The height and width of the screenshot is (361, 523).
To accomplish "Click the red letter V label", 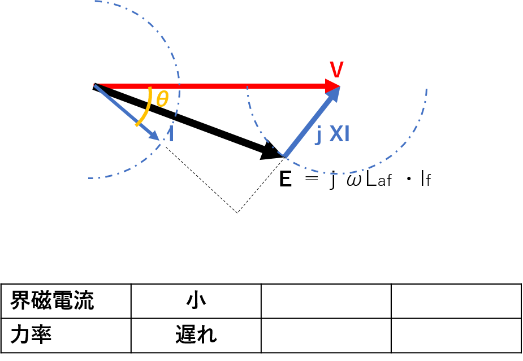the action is click(x=336, y=69).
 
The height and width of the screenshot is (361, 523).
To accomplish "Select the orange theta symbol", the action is click(x=162, y=99).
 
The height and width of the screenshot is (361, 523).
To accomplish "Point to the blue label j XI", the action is click(x=332, y=135).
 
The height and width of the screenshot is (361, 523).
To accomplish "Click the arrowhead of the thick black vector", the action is click(x=272, y=151).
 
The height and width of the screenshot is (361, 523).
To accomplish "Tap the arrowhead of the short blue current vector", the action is click(x=154, y=135).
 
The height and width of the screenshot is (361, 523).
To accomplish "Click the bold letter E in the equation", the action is click(x=286, y=179).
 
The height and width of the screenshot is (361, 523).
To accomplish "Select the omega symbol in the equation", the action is click(x=354, y=181).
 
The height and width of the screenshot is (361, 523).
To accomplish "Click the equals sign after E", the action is click(x=312, y=179).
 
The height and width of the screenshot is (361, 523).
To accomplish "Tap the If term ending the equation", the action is click(x=426, y=179).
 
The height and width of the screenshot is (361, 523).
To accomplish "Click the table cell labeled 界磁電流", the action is click(x=66, y=301).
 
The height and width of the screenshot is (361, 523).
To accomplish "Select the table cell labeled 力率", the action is click(x=66, y=336).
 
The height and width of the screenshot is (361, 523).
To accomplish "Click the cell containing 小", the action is click(x=196, y=301).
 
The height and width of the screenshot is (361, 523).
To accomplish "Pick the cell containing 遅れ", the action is click(x=196, y=336).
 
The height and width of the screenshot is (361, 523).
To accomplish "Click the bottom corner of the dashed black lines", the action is click(x=237, y=212).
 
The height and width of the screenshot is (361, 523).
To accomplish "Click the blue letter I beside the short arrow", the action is click(x=171, y=134).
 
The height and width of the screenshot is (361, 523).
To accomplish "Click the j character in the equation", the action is click(x=332, y=180).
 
